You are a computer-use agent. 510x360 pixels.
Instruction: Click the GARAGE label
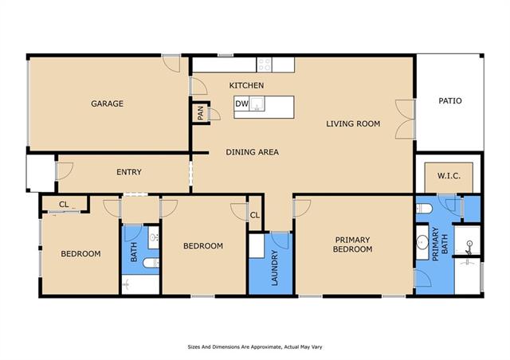[107, 104]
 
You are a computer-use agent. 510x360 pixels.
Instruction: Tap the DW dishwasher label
[241, 104]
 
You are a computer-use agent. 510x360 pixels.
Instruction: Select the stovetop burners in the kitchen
[264, 65]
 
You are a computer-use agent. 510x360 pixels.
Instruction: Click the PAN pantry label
[200, 113]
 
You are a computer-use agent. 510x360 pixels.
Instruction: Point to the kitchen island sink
[257, 104]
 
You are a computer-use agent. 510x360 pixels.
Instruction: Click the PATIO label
[450, 101]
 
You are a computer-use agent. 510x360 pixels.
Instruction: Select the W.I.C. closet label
[449, 176]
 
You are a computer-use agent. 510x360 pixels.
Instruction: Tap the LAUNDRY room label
[274, 268]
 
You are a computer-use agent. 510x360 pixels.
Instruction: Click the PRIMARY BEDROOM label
[352, 245]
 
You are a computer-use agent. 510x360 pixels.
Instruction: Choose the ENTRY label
[129, 172]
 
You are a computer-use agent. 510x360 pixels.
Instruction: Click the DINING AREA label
[252, 152]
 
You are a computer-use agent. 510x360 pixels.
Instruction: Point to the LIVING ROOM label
[353, 124]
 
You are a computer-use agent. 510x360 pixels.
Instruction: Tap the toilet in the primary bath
[424, 209]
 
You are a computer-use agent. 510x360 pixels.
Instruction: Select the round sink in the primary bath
[422, 243]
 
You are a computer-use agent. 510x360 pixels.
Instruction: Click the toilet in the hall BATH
[151, 263]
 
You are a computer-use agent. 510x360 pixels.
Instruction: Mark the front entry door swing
[65, 171]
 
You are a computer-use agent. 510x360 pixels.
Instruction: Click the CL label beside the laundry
[255, 215]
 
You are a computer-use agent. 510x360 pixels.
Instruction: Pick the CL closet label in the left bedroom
[64, 205]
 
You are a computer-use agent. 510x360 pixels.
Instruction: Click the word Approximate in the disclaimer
[263, 347]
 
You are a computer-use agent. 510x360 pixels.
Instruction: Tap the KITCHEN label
[246, 85]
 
